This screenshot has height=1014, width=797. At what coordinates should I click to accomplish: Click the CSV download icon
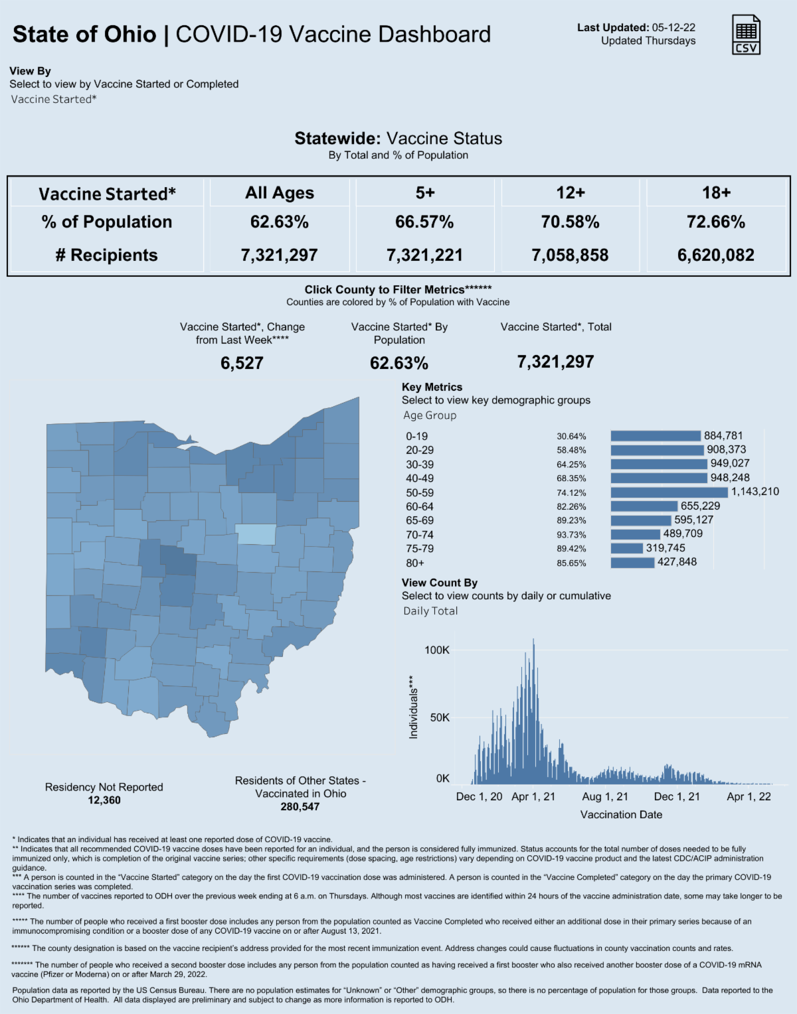pyautogui.click(x=746, y=35)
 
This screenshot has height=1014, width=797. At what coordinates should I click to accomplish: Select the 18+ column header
pyautogui.click(x=716, y=192)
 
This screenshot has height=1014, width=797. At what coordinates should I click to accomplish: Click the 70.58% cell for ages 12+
pyautogui.click(x=570, y=222)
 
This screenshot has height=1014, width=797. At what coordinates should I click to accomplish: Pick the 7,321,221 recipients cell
pyautogui.click(x=424, y=255)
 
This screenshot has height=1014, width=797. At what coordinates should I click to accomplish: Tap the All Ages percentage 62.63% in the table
pyautogui.click(x=279, y=222)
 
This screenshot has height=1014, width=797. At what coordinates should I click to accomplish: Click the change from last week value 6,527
pyautogui.click(x=242, y=363)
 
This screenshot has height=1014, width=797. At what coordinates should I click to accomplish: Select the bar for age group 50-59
pyautogui.click(x=669, y=492)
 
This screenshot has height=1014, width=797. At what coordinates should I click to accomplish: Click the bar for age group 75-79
pyautogui.click(x=626, y=548)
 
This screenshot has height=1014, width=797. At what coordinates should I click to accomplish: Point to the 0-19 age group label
pyautogui.click(x=417, y=436)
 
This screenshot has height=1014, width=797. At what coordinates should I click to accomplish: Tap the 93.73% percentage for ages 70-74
pyautogui.click(x=571, y=535)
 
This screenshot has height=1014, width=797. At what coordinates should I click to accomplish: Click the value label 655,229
pyautogui.click(x=700, y=506)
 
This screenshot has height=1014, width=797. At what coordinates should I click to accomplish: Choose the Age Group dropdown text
pyautogui.click(x=430, y=415)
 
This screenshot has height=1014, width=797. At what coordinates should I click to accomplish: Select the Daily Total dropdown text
pyautogui.click(x=430, y=611)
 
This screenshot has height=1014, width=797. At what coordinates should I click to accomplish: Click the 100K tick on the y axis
pyautogui.click(x=437, y=650)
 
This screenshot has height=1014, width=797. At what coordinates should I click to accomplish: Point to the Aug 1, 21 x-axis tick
pyautogui.click(x=605, y=796)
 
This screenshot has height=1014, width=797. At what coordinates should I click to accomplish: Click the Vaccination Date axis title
pyautogui.click(x=621, y=814)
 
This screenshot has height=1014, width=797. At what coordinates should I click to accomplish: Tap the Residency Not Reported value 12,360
pyautogui.click(x=104, y=800)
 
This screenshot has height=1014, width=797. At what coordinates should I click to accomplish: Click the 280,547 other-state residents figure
pyautogui.click(x=300, y=807)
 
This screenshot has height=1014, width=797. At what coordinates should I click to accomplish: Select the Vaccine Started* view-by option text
pyautogui.click(x=54, y=100)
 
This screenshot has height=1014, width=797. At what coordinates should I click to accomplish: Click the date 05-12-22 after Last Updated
pyautogui.click(x=673, y=28)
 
